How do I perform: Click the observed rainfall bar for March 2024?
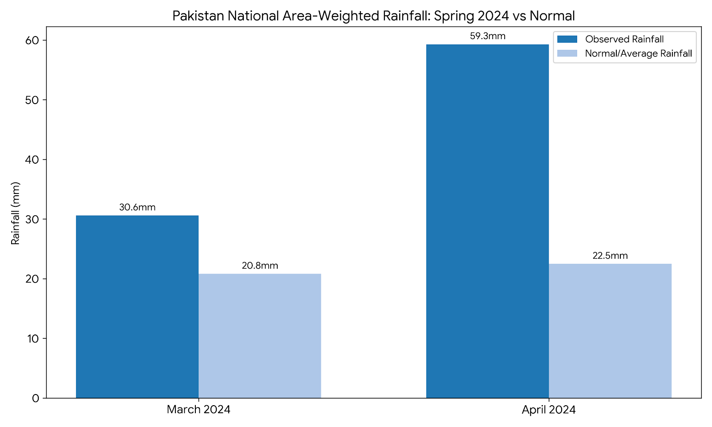click(137, 307)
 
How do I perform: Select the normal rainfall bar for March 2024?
click(259, 336)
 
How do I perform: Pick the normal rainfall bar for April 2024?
click(610, 331)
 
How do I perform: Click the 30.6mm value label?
click(137, 207)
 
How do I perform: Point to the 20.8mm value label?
click(260, 266)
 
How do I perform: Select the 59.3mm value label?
click(488, 36)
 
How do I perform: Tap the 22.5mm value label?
click(610, 256)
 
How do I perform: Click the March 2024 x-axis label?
click(198, 410)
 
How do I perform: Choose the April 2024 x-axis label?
click(549, 410)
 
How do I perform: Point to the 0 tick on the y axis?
click(36, 398)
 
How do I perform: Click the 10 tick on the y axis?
click(33, 338)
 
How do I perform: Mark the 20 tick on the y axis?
click(33, 279)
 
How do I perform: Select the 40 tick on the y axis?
click(33, 160)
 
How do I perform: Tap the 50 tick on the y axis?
click(33, 100)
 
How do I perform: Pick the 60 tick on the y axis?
click(33, 40)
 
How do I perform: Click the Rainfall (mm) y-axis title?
click(16, 213)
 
